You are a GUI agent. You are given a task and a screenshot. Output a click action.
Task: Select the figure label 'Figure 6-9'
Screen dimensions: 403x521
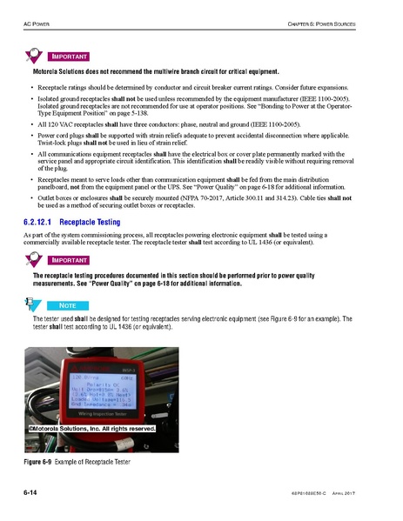pos(40,460)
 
